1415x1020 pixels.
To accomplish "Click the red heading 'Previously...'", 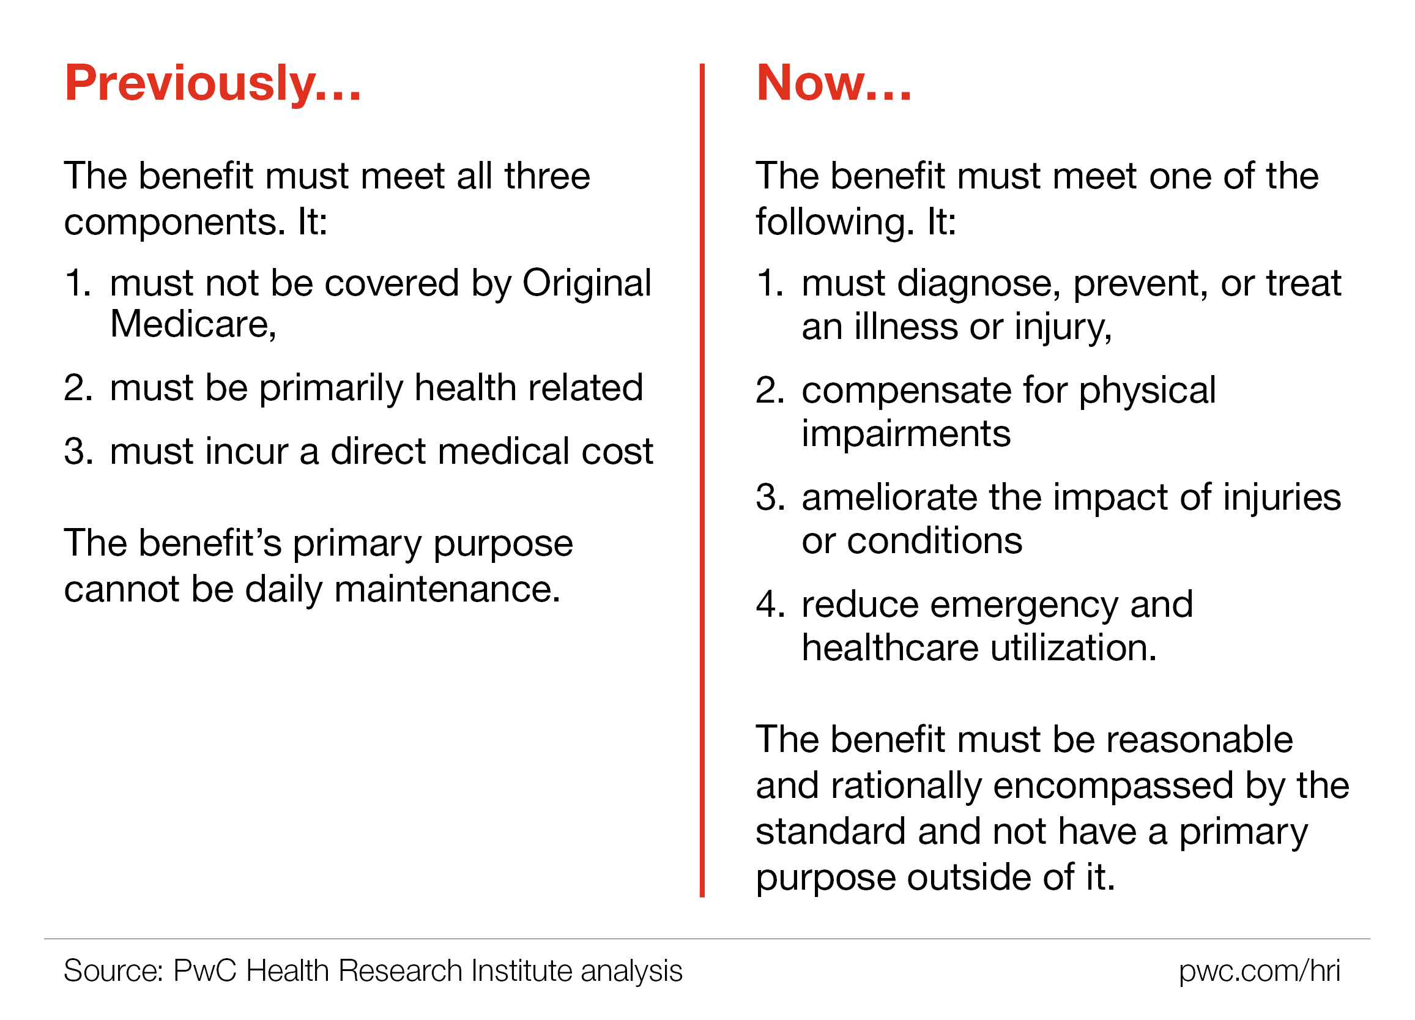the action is click(x=213, y=84).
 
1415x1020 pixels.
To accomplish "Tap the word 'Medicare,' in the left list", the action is click(x=193, y=325).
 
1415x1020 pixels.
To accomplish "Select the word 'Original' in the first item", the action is click(x=587, y=283).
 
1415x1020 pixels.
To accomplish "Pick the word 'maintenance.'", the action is click(x=447, y=589).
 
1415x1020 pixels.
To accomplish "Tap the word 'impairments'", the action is click(x=906, y=434).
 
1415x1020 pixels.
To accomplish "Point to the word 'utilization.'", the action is click(x=1074, y=647).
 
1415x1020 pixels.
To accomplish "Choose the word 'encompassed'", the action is click(x=1113, y=786).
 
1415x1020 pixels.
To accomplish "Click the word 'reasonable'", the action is click(x=1200, y=740).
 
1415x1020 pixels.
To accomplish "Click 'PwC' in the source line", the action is click(x=206, y=971).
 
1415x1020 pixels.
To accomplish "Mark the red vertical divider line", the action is click(x=702, y=480).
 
